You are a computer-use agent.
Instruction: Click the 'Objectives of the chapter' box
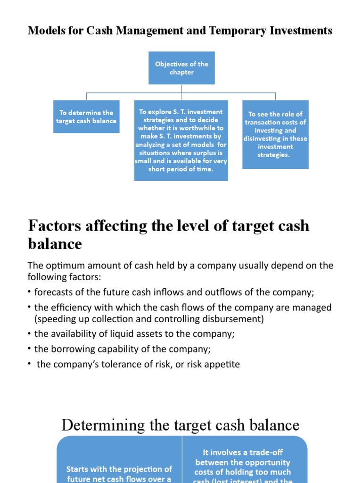181,68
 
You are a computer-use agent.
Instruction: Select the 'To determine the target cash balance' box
86,117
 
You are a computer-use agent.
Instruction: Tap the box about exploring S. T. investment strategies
181,140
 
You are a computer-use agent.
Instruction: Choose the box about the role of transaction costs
275,134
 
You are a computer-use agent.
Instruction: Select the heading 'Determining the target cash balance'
181,425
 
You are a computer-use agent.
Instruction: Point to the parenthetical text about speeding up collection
149,319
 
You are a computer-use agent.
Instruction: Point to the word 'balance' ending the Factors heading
55,244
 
